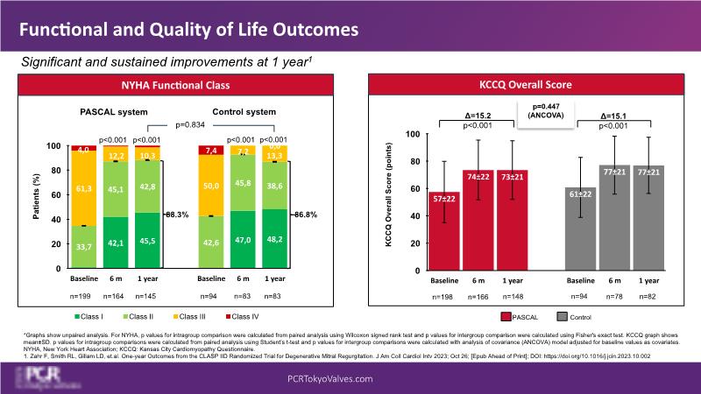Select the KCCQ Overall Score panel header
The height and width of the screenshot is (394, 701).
tap(525, 85)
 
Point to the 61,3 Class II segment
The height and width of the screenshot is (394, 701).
tap(84, 187)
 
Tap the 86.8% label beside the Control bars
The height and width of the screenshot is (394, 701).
tap(306, 213)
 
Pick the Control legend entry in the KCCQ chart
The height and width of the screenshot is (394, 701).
tap(581, 316)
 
